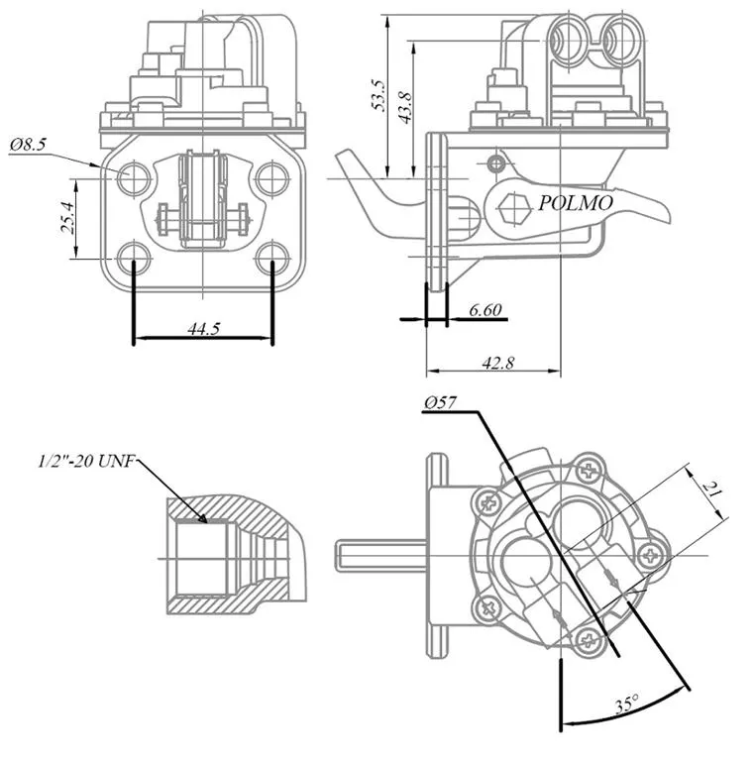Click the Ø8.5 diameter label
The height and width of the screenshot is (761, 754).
click(x=29, y=145)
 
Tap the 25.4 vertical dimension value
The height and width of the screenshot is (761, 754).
click(x=67, y=218)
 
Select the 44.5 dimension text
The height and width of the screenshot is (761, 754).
click(x=204, y=329)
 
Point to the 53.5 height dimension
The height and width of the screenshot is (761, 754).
click(x=378, y=95)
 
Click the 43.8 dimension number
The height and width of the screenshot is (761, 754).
click(x=404, y=107)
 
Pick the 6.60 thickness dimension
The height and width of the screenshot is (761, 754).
click(x=485, y=309)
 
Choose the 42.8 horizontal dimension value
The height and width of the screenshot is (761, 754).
click(x=497, y=363)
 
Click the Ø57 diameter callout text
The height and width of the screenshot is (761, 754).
click(x=441, y=403)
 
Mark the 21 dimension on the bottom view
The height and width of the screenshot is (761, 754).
click(x=711, y=490)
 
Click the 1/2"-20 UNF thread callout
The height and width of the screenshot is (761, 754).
click(x=86, y=461)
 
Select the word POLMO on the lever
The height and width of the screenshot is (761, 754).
click(x=576, y=203)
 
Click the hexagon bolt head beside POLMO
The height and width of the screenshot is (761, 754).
click(x=513, y=209)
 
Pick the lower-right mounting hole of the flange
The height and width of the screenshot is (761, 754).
click(x=272, y=258)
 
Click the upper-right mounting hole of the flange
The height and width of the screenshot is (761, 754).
click(x=272, y=178)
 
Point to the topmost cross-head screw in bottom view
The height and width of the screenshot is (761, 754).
click(x=590, y=471)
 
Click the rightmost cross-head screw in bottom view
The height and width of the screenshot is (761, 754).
click(x=649, y=555)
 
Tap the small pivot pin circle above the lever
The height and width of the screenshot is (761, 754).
click(x=495, y=164)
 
